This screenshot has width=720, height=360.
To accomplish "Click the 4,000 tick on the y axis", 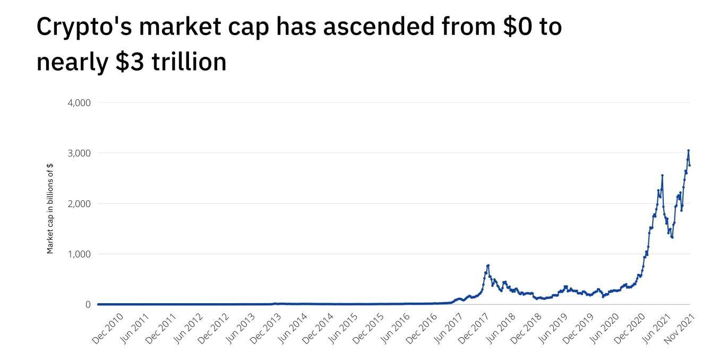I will (x=79, y=102).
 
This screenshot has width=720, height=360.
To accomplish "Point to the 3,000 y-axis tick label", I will (x=79, y=153).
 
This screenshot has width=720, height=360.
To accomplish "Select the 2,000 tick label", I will (x=79, y=203).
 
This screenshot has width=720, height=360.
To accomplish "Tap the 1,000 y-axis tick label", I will (x=79, y=254).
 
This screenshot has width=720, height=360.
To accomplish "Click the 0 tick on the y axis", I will (x=87, y=305).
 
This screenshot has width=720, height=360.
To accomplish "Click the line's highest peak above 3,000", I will (x=688, y=151).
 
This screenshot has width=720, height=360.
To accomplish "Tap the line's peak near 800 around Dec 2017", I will (x=488, y=265).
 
